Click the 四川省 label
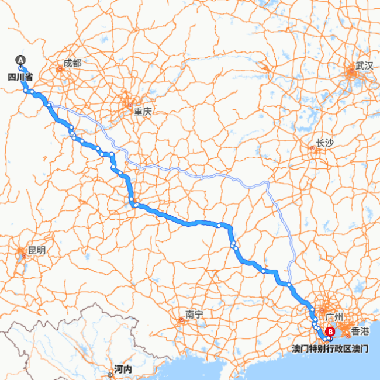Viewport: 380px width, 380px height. click(20, 76)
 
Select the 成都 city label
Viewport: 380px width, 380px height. click(72, 63)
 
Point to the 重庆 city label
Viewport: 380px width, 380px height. click(142, 110)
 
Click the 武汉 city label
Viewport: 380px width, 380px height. click(364, 65)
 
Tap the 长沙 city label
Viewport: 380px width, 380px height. click(324, 143)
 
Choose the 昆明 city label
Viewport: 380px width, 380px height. click(36, 250)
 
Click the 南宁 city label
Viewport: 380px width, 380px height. click(194, 314)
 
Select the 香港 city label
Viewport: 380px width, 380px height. click(360, 331)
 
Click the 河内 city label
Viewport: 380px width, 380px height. click(123, 369)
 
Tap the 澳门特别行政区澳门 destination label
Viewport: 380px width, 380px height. click(330, 348)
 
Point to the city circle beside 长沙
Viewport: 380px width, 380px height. click(312, 148)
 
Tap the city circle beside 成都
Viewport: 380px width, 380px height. click(60, 68)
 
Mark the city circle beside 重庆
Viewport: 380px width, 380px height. click(130, 105)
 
